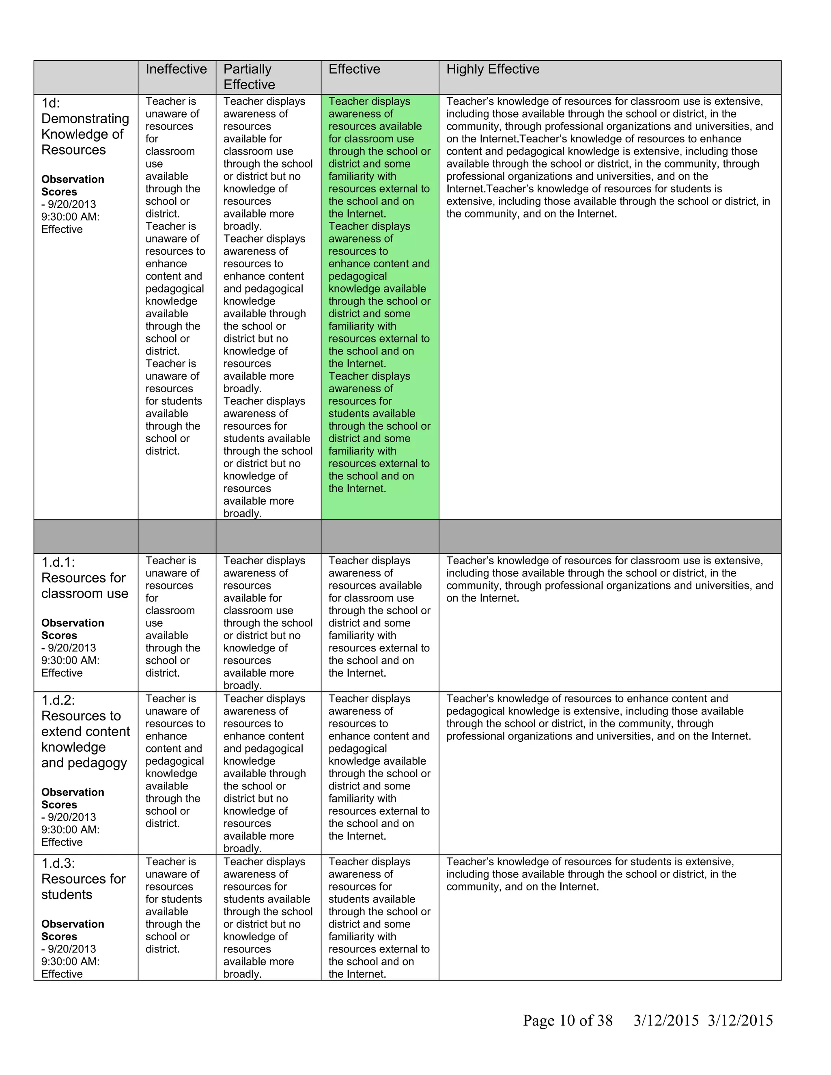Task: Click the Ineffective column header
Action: click(176, 69)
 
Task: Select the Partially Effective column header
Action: click(249, 77)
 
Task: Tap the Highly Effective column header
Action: click(492, 69)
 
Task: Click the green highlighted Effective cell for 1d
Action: click(379, 295)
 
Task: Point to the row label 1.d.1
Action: click(58, 562)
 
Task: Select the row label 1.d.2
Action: click(58, 700)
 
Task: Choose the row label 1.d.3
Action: click(58, 863)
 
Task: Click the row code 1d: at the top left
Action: click(51, 103)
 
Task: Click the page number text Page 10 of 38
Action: click(567, 1020)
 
